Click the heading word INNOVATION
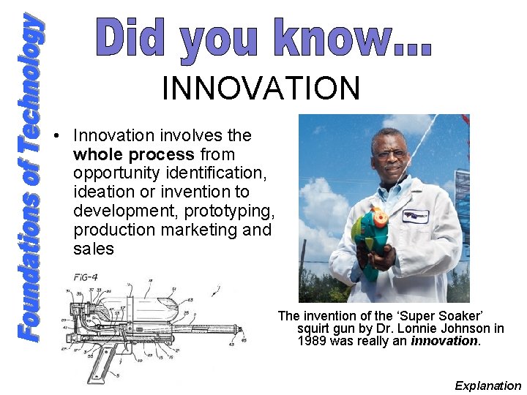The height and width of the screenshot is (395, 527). [261, 89]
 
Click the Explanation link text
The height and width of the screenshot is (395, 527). [487, 385]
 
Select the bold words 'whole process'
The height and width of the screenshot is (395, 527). [134, 154]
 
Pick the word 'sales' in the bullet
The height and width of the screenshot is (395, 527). [94, 249]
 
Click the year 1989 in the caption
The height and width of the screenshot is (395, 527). [312, 341]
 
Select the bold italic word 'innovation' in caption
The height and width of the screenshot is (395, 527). [444, 341]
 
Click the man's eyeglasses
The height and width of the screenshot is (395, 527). [389, 154]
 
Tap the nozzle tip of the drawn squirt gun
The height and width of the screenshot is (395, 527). [241, 331]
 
